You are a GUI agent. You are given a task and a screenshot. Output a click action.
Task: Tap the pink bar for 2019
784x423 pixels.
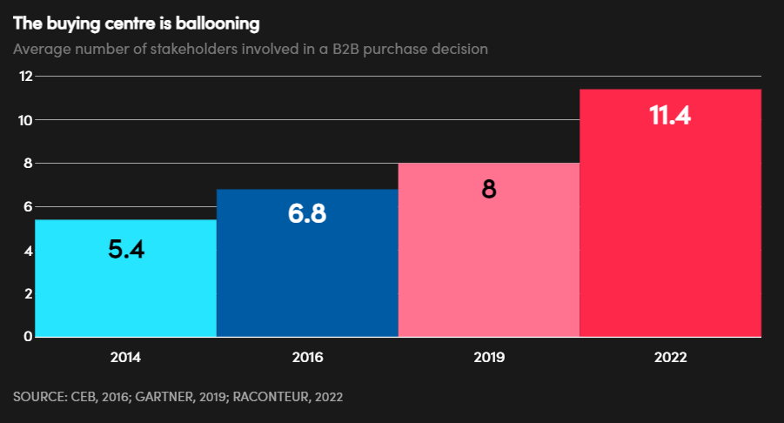pyautogui.click(x=489, y=261)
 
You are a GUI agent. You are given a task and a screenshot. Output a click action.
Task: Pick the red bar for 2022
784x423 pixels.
pyautogui.click(x=670, y=226)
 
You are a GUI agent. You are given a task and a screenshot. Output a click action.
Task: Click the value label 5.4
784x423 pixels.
pyautogui.click(x=126, y=250)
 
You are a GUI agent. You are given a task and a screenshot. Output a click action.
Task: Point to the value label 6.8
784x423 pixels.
pyautogui.click(x=307, y=214)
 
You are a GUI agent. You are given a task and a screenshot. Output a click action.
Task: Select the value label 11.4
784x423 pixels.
pyautogui.click(x=670, y=116)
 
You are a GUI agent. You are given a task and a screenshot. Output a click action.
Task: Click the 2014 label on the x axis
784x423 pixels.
pyautogui.click(x=125, y=357)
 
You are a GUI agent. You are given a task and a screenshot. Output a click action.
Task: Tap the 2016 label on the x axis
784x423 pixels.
pyautogui.click(x=307, y=357)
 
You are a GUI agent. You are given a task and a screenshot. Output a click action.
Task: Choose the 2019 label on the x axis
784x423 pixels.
pyautogui.click(x=489, y=357)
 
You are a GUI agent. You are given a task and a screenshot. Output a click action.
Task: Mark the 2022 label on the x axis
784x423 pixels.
pyautogui.click(x=670, y=357)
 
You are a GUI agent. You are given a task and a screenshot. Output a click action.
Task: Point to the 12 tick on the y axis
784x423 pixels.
pyautogui.click(x=26, y=77)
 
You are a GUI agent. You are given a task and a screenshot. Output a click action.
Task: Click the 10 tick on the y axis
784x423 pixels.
pyautogui.click(x=26, y=120)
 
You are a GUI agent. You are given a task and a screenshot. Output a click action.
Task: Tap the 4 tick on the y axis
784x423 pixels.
pyautogui.click(x=29, y=251)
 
